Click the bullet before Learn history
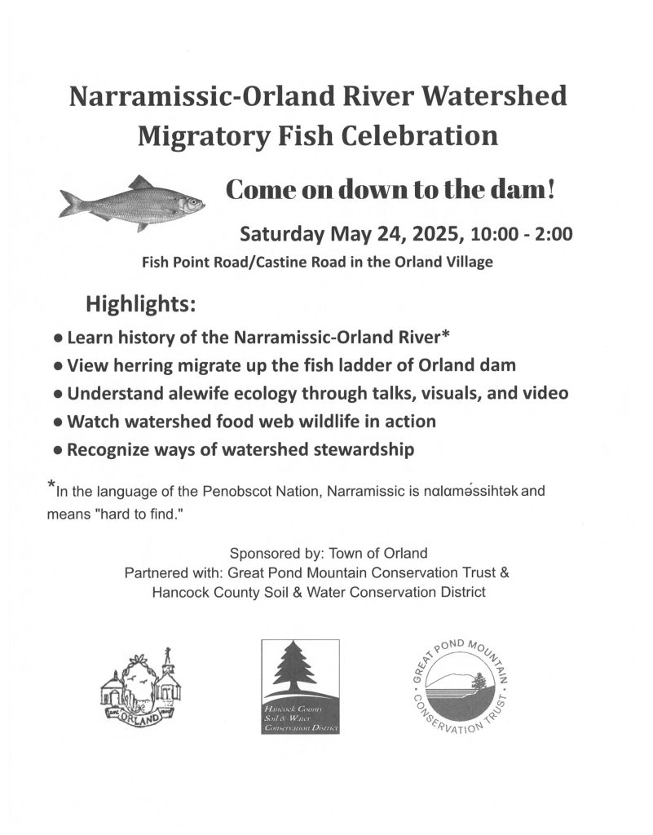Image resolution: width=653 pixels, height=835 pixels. click(57, 337)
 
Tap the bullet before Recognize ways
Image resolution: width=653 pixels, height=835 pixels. click(57, 449)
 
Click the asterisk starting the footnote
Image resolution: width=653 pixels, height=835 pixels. click(51, 488)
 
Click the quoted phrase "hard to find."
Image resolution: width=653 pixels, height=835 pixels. click(147, 515)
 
